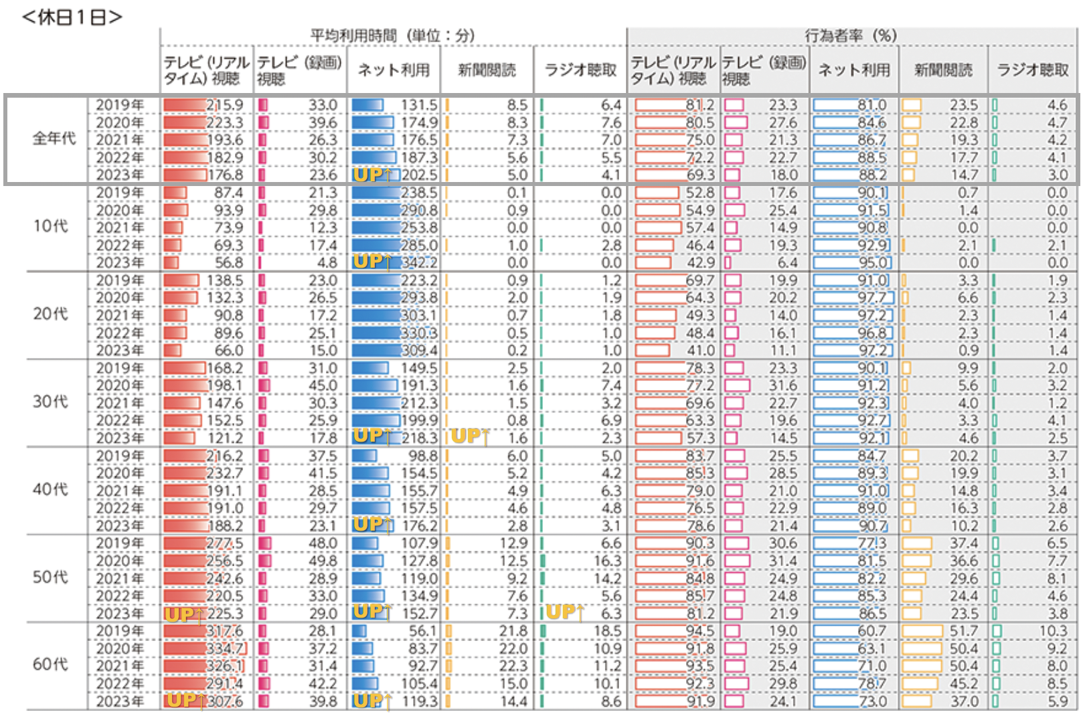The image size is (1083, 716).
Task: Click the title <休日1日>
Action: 72,16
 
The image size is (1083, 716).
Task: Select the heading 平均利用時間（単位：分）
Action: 392,35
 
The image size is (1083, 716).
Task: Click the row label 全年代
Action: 54,139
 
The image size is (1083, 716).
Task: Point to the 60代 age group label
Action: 50,664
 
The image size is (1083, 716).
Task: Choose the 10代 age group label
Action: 50,226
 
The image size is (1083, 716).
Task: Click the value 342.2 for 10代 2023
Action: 419,263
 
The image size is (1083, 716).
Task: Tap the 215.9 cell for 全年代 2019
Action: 225,105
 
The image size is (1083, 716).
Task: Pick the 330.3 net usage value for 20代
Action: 419,333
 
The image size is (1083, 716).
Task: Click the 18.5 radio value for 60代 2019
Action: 608,631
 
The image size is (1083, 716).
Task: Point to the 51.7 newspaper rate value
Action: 964,631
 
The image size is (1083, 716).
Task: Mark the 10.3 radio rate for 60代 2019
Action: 1053,631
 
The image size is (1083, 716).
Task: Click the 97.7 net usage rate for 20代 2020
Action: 872,298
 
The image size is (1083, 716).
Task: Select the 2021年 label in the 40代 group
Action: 120,490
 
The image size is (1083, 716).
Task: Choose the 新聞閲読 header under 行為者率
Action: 943,70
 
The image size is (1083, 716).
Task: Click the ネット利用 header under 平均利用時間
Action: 394,70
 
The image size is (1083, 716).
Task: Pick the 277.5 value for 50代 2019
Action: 225,543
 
